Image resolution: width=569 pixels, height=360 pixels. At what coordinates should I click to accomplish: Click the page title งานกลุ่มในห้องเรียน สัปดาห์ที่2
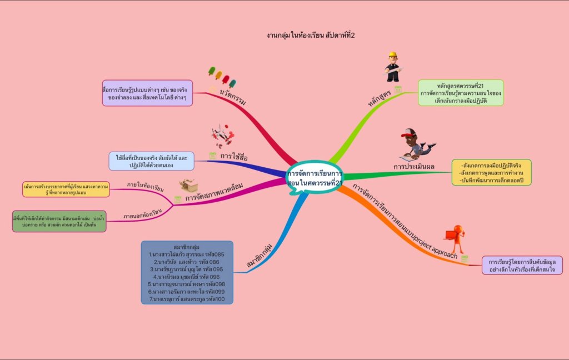310,35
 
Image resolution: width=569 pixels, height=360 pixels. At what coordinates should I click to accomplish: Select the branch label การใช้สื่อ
233,157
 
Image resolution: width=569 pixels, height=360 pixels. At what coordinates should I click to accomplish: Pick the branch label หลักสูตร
380,96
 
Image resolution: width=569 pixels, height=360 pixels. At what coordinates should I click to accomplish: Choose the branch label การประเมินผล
414,166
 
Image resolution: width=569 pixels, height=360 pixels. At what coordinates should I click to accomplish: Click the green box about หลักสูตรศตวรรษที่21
461,93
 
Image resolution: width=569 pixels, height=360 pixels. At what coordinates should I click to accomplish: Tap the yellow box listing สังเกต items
491,172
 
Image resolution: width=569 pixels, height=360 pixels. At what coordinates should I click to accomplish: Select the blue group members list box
187,272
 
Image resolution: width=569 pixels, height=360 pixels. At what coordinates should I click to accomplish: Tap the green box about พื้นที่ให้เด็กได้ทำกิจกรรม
59,221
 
